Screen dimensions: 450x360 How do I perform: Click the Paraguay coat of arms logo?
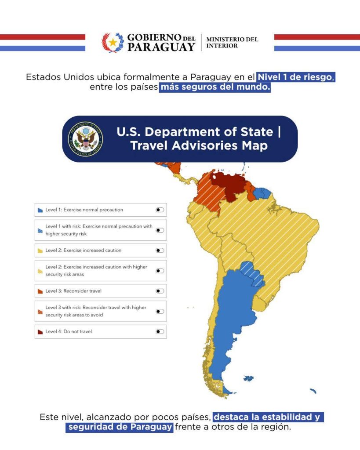tap(113, 43)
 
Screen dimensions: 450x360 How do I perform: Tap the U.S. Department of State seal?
tap(85, 140)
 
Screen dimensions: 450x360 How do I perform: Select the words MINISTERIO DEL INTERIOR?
tap(232, 43)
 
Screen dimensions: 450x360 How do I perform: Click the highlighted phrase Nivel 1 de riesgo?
tap(297, 77)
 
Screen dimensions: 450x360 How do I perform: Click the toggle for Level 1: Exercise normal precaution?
tap(160, 210)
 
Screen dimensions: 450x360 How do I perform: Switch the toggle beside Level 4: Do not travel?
tap(160, 331)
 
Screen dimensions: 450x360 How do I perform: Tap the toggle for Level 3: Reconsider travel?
tap(160, 291)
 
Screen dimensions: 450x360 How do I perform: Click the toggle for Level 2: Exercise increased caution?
tap(160, 250)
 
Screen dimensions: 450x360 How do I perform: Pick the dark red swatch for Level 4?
tap(40, 332)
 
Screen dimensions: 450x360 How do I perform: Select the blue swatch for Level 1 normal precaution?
tap(40, 210)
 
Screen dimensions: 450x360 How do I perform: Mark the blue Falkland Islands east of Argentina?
tap(249, 378)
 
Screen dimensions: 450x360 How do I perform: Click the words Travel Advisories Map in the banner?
tap(199, 145)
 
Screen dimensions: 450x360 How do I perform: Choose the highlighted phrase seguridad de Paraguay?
tap(120, 427)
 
